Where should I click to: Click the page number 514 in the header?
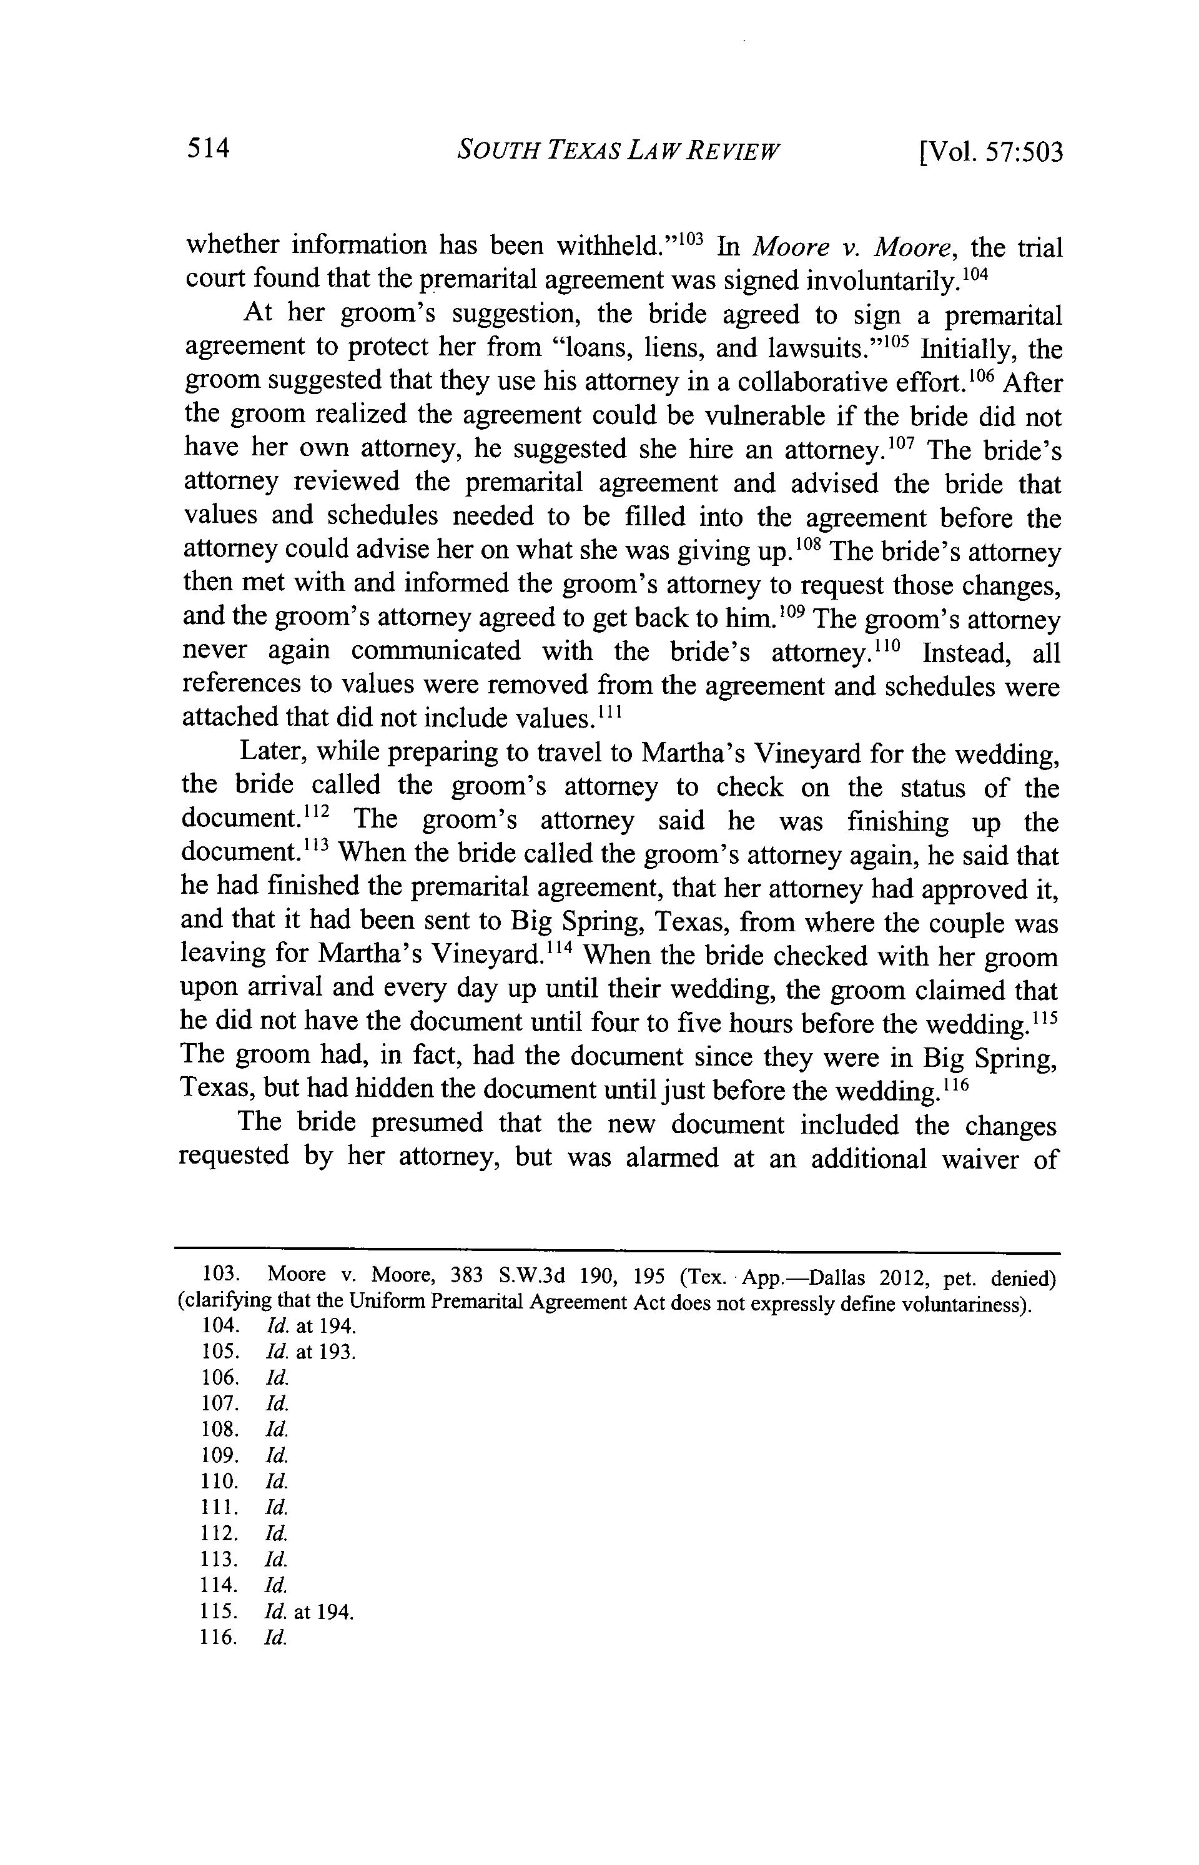[x=208, y=148]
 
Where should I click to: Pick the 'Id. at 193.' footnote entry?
[x=310, y=1352]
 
